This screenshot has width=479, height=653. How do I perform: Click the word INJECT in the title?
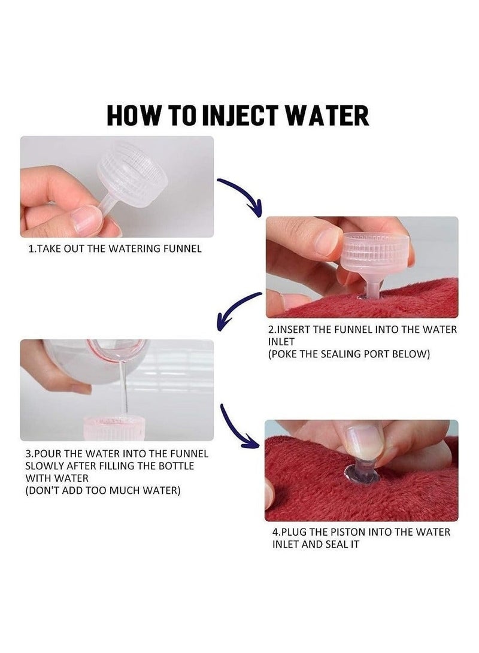tap(240, 116)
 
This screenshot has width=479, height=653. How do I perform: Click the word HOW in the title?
tap(134, 116)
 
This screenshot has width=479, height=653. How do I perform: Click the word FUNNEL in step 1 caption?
tap(183, 248)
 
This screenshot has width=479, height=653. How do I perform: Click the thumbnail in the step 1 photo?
tap(87, 220)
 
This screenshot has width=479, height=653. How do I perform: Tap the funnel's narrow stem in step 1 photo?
tap(107, 204)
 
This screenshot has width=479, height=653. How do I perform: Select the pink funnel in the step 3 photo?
tap(114, 428)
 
